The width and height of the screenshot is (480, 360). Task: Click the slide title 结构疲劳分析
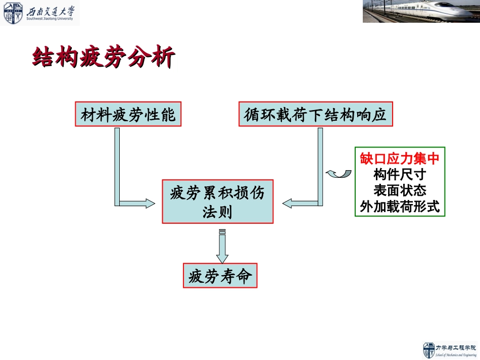tap(104, 58)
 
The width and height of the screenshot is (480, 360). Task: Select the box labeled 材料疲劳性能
tap(128, 115)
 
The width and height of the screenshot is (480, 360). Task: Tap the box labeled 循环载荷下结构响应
tap(315, 115)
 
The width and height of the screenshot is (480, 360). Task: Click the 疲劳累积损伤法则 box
tap(217, 201)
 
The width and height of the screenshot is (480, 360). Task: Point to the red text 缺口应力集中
tap(400, 159)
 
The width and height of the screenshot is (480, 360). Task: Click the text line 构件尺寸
tap(400, 175)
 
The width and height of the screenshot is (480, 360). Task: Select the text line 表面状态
tap(400, 190)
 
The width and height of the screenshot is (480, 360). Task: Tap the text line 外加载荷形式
tap(400, 207)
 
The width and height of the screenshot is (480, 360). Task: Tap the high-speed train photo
tap(421, 12)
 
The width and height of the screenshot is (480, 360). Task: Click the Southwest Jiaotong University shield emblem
tap(13, 13)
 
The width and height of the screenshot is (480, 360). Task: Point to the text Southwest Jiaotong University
tap(50, 19)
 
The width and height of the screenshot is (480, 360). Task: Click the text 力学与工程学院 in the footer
tap(456, 347)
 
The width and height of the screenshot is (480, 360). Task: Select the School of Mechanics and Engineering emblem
tap(429, 350)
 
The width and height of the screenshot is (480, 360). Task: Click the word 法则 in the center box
tap(217, 212)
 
